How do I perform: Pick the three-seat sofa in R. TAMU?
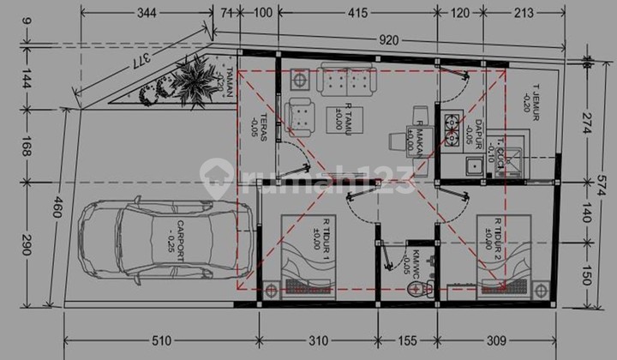pyautogui.click(x=347, y=80)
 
